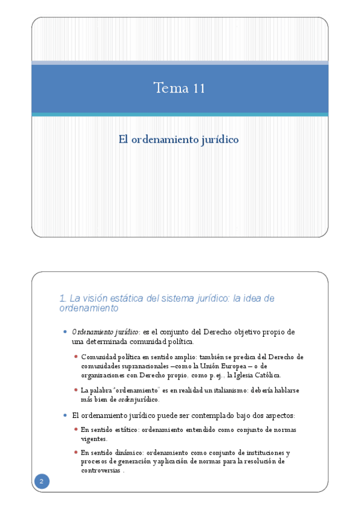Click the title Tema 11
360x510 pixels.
(x=179, y=88)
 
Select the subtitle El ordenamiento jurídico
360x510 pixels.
(x=178, y=140)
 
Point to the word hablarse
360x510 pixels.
(x=284, y=390)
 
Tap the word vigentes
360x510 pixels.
(x=94, y=438)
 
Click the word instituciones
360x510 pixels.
(x=256, y=453)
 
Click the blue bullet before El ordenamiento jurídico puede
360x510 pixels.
(x=65, y=415)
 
